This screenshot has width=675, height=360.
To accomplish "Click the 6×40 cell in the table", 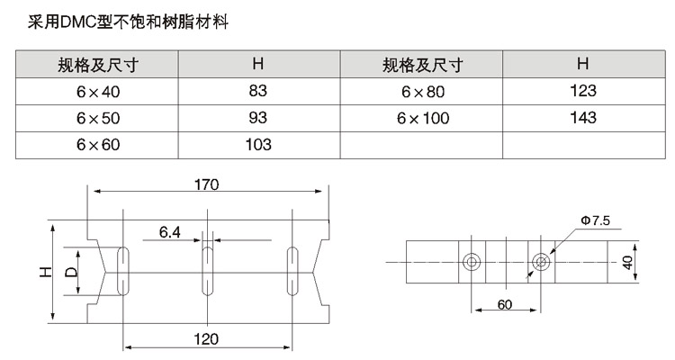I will coord(97,92).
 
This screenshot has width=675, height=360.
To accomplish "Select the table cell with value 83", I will coord(257,91).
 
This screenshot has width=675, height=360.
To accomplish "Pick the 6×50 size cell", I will coord(97,118).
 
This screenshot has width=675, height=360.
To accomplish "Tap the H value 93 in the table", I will coord(257,117).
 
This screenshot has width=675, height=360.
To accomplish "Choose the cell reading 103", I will coord(257,144).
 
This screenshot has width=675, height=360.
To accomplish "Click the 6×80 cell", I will coord(421,92).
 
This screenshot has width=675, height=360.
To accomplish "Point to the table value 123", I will coord(583,91).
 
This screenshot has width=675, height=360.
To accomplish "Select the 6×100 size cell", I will coord(421,118).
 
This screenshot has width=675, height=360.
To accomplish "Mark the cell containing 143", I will coord(583,117).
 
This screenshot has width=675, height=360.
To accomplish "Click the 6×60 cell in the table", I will coord(97,144).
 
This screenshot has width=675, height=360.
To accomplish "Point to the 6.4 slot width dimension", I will coord(170,233).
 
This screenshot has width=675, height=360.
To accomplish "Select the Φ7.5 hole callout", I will coord(595,219).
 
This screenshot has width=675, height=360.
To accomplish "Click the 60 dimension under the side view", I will coord(504,304).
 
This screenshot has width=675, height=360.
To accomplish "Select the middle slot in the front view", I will coord(208,268).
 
